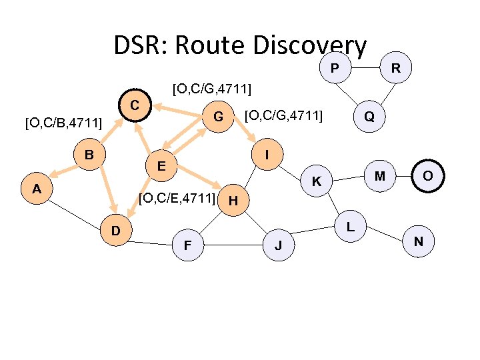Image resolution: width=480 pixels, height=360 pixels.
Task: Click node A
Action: (x=37, y=189)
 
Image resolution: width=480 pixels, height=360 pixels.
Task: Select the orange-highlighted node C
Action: (x=135, y=105)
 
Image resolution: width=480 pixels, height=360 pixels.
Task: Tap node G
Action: (x=217, y=118)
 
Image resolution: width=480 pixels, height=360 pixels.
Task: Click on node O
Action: (x=428, y=175)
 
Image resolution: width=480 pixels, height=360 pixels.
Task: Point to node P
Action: (x=335, y=68)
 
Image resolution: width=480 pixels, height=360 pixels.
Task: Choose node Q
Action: (x=369, y=117)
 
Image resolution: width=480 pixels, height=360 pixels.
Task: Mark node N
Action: (x=419, y=241)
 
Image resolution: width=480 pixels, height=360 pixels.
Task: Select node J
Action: (x=279, y=246)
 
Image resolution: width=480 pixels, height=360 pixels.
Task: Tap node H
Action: (x=233, y=199)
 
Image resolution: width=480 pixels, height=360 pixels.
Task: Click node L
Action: (x=351, y=226)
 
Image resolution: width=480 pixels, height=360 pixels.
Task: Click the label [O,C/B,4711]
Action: (x=63, y=123)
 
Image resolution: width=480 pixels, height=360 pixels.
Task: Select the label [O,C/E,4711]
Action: (x=177, y=197)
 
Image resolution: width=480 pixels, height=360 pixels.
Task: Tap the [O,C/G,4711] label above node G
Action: (x=211, y=87)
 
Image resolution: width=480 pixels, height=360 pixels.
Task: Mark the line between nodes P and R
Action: (x=365, y=68)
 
